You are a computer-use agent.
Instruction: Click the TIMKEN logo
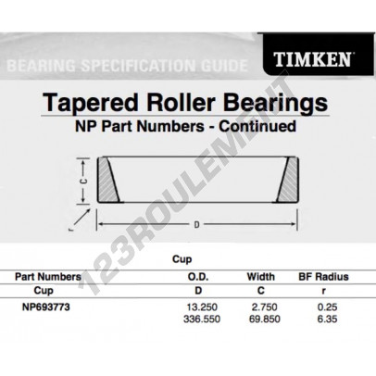click(x=312, y=59)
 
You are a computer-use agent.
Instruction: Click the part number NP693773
click(x=46, y=307)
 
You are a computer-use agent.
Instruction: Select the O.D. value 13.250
click(x=202, y=307)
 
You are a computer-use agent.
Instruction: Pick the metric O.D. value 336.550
click(x=202, y=319)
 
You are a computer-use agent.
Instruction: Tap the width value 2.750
click(x=265, y=307)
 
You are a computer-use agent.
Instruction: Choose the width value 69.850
click(x=265, y=319)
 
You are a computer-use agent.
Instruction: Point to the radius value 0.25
click(x=328, y=307)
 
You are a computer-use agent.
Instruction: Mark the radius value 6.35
click(x=328, y=319)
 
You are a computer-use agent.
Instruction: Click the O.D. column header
click(x=198, y=277)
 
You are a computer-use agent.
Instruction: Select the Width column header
click(x=261, y=277)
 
